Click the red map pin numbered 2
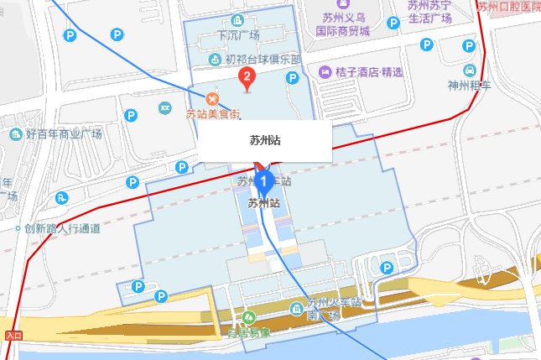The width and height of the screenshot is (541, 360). pos(246,80)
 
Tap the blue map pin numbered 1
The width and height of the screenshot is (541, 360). pos(265,180)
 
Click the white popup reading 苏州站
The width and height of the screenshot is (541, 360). pos(265,140)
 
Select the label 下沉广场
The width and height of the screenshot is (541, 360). pos(237,36)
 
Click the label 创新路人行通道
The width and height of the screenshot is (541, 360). pos(62,227)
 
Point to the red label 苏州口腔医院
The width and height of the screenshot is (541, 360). pos(508,7)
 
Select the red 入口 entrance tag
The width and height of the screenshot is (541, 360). pos(13,335)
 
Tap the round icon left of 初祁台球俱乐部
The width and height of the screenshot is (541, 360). pos(214,60)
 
